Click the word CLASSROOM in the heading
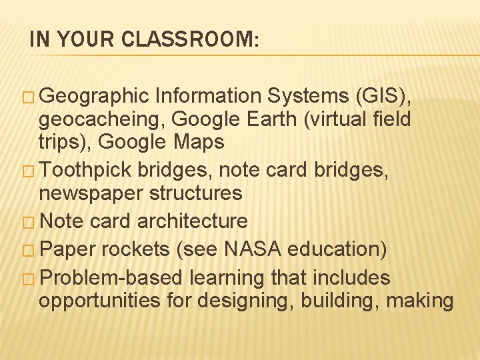coord(188,40)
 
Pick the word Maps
coord(199,142)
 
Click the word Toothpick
coord(87,170)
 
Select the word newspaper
coord(90,193)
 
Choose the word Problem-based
coord(112,277)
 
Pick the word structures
coord(199,193)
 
